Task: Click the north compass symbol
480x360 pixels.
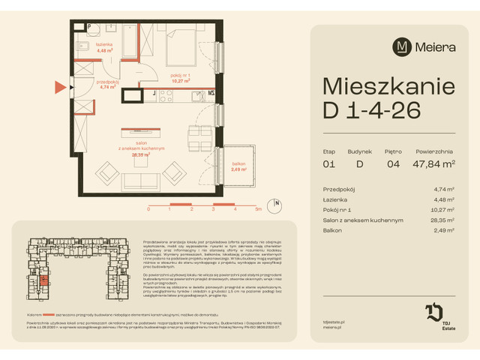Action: (x=277, y=203)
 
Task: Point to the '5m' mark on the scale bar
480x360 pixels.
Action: (x=257, y=210)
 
